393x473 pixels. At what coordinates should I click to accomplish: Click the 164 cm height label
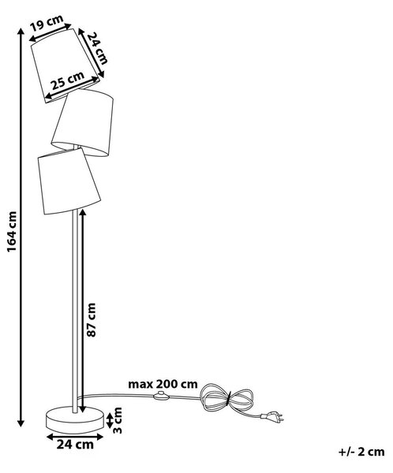point(12,232)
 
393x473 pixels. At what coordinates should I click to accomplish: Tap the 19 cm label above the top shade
point(47,22)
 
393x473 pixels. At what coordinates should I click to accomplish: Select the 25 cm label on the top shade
point(67,80)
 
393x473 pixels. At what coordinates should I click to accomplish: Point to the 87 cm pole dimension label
point(91,320)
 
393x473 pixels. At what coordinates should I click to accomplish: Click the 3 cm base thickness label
point(118,420)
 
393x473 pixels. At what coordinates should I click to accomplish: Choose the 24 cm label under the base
point(75,445)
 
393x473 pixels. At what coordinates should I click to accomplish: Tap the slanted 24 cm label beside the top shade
point(97,48)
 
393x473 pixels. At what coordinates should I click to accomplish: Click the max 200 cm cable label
point(163,384)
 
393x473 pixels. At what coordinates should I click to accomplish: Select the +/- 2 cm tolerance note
point(361,452)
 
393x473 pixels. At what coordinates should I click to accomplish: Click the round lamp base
point(75,419)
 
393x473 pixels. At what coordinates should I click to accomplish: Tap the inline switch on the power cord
point(161,396)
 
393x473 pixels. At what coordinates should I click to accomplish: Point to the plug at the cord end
point(273,417)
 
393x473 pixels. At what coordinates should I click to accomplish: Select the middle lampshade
point(82,122)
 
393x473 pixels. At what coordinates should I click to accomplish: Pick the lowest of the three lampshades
point(69,181)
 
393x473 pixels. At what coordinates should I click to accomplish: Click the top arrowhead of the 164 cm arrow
point(21,31)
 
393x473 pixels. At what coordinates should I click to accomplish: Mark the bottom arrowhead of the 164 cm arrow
point(21,423)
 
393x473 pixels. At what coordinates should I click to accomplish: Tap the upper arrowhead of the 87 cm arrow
point(82,213)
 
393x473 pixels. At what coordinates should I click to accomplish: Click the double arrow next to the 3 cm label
point(110,420)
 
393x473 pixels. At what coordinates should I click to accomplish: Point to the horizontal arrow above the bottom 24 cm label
point(75,437)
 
